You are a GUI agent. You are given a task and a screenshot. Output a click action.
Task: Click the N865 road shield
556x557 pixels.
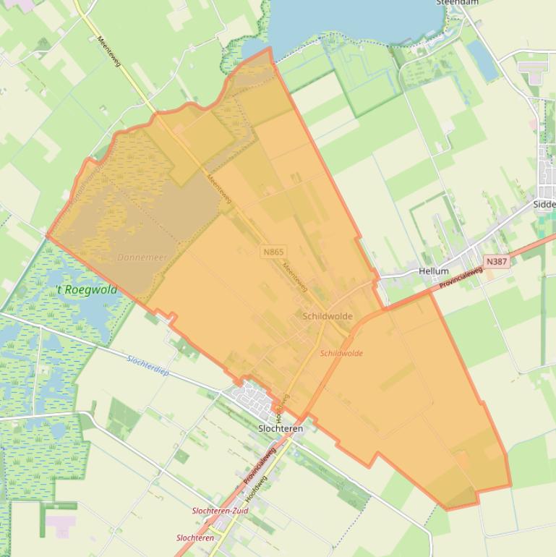(274, 252)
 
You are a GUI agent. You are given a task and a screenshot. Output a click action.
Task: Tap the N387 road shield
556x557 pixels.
(497, 261)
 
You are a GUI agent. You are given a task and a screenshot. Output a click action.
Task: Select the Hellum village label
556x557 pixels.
(434, 271)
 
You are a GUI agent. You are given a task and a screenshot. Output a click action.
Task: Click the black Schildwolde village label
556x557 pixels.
(328, 316)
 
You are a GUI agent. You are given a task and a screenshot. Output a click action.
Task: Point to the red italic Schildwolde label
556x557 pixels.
(341, 354)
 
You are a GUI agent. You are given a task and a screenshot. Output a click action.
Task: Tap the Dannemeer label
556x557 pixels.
(142, 258)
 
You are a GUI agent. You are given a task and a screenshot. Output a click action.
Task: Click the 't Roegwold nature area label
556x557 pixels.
(86, 289)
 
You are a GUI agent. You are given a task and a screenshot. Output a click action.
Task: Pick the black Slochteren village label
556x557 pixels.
(281, 428)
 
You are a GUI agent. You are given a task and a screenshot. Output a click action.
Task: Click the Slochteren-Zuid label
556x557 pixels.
(220, 511)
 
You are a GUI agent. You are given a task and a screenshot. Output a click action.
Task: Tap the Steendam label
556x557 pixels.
(457, 3)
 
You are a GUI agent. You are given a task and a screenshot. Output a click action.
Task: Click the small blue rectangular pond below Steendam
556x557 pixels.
(482, 59)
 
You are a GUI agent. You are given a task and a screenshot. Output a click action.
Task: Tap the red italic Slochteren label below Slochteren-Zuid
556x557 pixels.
(195, 538)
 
